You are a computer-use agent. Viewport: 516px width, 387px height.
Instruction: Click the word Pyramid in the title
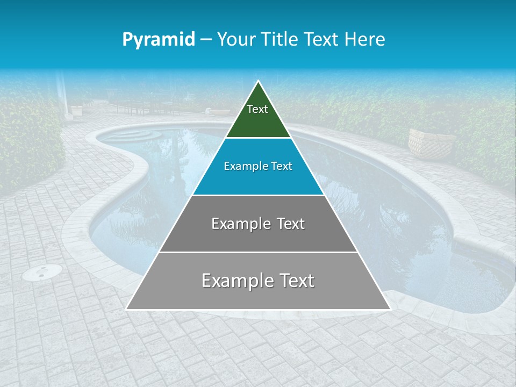click(x=159, y=40)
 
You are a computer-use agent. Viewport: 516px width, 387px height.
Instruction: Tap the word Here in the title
click(x=365, y=40)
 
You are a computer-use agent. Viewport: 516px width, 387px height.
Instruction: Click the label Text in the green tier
click(x=257, y=109)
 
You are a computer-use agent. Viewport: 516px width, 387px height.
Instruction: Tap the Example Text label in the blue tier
click(x=258, y=166)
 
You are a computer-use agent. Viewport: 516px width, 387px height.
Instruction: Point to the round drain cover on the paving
click(x=41, y=273)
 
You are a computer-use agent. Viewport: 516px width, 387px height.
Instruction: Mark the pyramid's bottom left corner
click(x=126, y=309)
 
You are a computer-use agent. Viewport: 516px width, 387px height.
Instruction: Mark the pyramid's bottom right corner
click(x=390, y=309)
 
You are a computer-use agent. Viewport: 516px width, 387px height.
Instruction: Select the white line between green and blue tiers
click(x=258, y=138)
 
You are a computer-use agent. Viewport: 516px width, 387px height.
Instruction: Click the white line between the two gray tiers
click(x=258, y=252)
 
